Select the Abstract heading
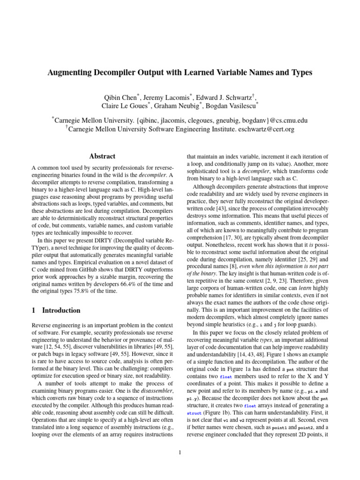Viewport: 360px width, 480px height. click(x=102, y=156)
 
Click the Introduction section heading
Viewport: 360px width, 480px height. click(x=61, y=310)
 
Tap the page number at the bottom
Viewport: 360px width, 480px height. click(x=180, y=452)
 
